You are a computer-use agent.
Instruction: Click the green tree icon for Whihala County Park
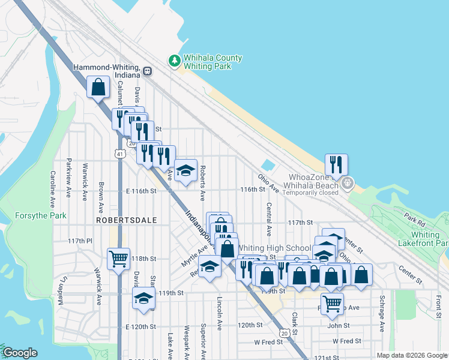(174, 61)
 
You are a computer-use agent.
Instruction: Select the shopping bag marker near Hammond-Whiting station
(98, 88)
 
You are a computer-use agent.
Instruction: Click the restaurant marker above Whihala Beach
(337, 164)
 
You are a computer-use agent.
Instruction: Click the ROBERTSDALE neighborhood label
(126, 220)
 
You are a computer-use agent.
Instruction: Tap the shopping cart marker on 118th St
(118, 259)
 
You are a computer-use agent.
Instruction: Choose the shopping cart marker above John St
(332, 304)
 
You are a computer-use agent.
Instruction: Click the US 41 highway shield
(121, 154)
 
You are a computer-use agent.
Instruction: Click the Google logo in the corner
(19, 353)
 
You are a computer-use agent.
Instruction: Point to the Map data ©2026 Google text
(411, 355)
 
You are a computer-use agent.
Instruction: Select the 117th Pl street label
(80, 241)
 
